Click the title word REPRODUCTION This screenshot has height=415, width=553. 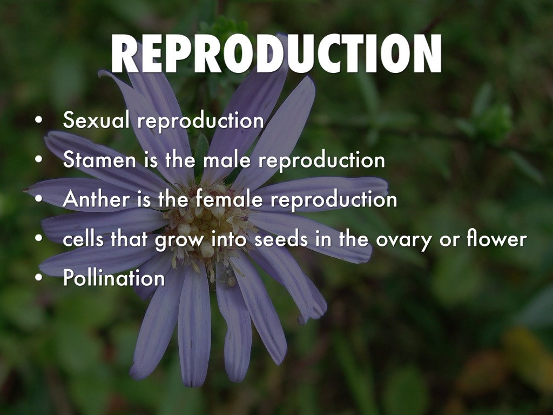[x=276, y=53]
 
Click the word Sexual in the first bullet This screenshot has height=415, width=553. [x=96, y=119]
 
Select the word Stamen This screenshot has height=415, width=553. [x=99, y=159]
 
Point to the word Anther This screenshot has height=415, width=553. [x=96, y=199]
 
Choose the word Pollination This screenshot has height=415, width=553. [x=114, y=278]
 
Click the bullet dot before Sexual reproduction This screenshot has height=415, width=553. [x=39, y=120]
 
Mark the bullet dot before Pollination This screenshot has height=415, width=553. [x=39, y=278]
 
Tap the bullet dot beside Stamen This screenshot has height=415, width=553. [x=39, y=159]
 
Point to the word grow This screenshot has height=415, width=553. [x=179, y=240]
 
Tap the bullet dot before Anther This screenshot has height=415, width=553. [x=39, y=199]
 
